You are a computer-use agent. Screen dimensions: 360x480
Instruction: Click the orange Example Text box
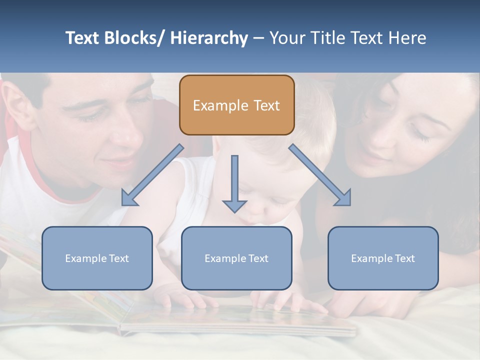coord(236,105)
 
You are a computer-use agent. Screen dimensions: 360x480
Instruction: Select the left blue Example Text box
coord(97,258)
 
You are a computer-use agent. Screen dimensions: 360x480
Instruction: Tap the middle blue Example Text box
coord(236,258)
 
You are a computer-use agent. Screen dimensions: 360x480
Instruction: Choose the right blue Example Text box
coord(383,258)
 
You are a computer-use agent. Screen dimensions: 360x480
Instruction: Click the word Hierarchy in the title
coord(208,38)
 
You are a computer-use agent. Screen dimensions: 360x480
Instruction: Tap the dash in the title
coord(258,38)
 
